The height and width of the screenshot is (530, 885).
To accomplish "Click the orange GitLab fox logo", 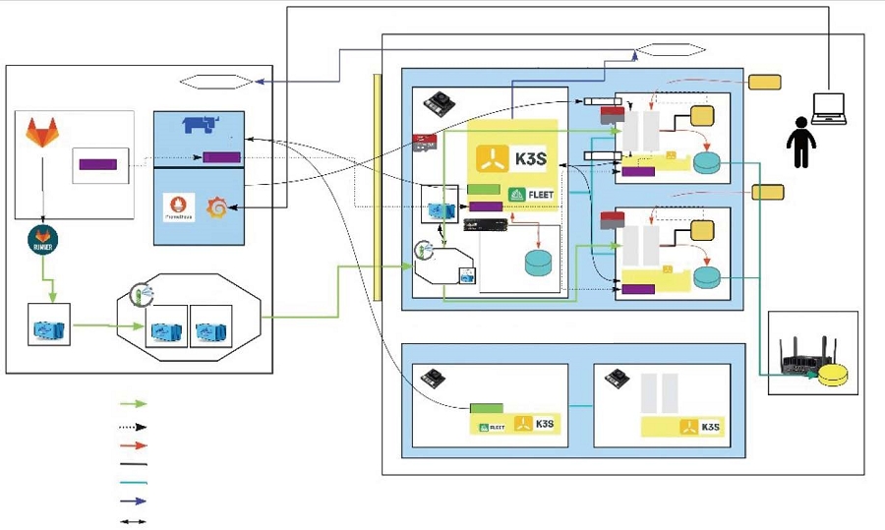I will coord(42,132).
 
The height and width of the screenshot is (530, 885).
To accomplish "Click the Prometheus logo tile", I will coord(179,208).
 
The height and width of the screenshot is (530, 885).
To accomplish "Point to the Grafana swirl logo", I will coord(216,208).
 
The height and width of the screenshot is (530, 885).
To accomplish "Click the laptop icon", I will coord(831,107).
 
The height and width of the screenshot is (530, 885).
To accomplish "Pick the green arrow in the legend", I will coord(133,404).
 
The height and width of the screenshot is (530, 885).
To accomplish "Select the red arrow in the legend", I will coord(133,445).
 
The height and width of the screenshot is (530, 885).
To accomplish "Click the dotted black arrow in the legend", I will coord(133,427).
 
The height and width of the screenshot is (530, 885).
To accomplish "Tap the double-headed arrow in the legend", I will coord(133,522).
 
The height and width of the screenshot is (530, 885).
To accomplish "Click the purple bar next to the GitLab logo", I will coord(97,164).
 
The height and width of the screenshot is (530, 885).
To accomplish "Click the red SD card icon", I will coord(424,144).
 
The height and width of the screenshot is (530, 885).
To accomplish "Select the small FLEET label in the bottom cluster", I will coord(491,427).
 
